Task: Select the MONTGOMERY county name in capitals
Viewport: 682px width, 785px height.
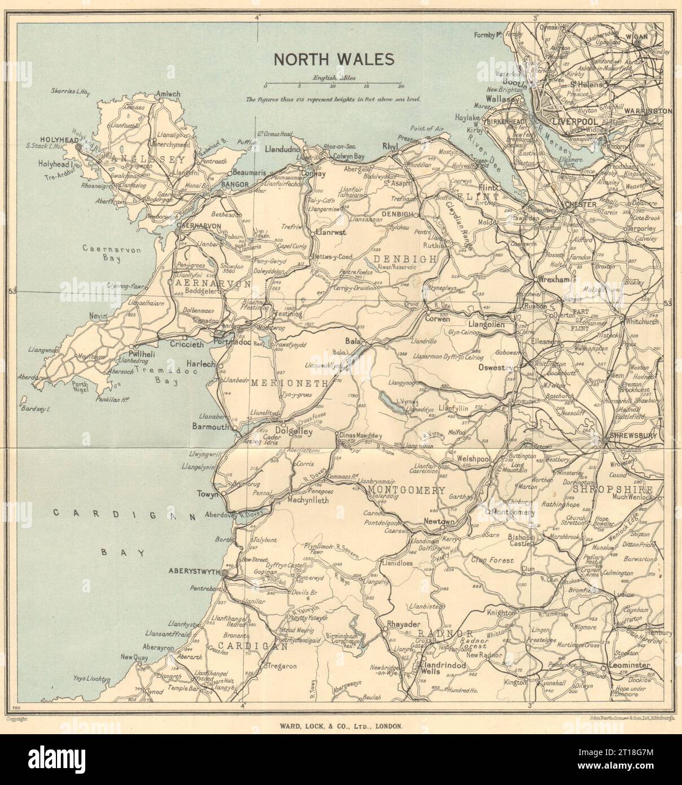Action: point(406,490)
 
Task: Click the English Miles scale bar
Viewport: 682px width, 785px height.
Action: point(333,86)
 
